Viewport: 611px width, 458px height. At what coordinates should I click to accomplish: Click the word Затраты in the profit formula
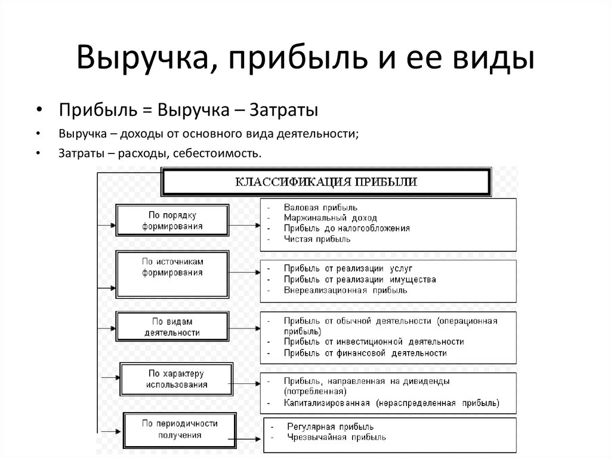click(283, 110)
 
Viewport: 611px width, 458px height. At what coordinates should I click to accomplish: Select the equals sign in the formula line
click(147, 110)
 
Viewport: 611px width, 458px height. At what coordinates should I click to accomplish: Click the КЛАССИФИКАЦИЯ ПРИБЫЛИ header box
click(326, 182)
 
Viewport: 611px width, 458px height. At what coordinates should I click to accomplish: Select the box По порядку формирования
click(172, 220)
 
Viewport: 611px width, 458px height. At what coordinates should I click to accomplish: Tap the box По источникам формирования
click(172, 275)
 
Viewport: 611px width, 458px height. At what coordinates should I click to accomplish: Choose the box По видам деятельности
click(172, 327)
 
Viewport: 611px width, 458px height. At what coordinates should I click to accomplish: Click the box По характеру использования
click(176, 379)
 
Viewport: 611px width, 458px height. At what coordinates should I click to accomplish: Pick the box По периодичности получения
click(180, 431)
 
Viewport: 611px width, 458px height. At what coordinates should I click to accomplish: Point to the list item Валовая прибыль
click(320, 208)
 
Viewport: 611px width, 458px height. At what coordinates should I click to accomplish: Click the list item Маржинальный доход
click(330, 218)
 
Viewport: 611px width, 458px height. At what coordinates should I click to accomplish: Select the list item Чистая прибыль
click(317, 239)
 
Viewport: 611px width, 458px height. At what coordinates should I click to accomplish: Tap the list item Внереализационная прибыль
click(345, 290)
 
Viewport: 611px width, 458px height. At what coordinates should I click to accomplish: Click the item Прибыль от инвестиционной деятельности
click(374, 342)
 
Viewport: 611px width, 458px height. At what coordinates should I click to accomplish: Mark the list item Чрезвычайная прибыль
click(337, 437)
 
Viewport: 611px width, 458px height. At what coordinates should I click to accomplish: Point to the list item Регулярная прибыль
click(330, 427)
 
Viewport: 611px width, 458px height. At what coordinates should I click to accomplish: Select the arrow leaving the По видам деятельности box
click(244, 328)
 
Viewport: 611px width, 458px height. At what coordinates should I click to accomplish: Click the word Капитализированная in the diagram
click(326, 403)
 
